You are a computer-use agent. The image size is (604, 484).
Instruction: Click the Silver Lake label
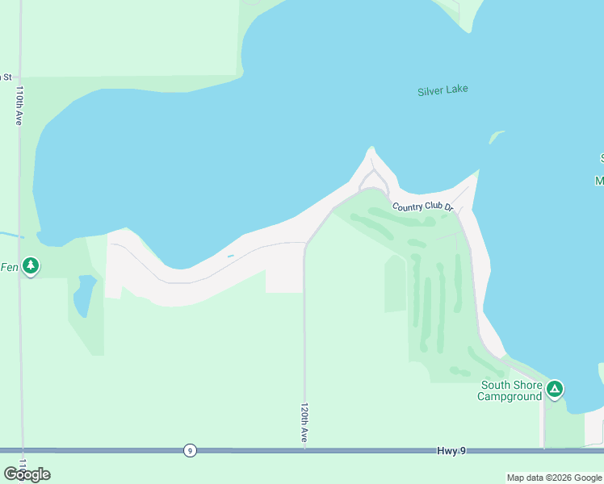tap(443, 90)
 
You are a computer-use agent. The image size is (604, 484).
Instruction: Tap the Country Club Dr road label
tap(423, 207)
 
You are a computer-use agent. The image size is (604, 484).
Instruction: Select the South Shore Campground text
tap(511, 391)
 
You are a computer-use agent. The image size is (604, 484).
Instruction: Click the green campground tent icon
tap(555, 390)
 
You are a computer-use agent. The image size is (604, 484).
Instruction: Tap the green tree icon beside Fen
tap(31, 265)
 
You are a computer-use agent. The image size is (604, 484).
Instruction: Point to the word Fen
tap(9, 267)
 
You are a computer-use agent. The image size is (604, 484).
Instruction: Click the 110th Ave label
tap(19, 105)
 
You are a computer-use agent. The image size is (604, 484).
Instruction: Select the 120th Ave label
tap(305, 422)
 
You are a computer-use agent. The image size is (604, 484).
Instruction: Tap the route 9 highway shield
tap(189, 450)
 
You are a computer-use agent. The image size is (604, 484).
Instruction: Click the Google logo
tap(27, 474)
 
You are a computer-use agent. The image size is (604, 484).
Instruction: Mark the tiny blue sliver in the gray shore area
tap(230, 257)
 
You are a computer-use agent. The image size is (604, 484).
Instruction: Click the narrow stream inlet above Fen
tap(11, 235)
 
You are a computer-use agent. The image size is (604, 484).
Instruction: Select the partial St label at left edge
tap(6, 77)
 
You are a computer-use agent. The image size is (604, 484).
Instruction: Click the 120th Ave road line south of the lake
tap(304, 339)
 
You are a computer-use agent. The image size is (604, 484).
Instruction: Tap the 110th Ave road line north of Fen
tap(20, 177)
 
